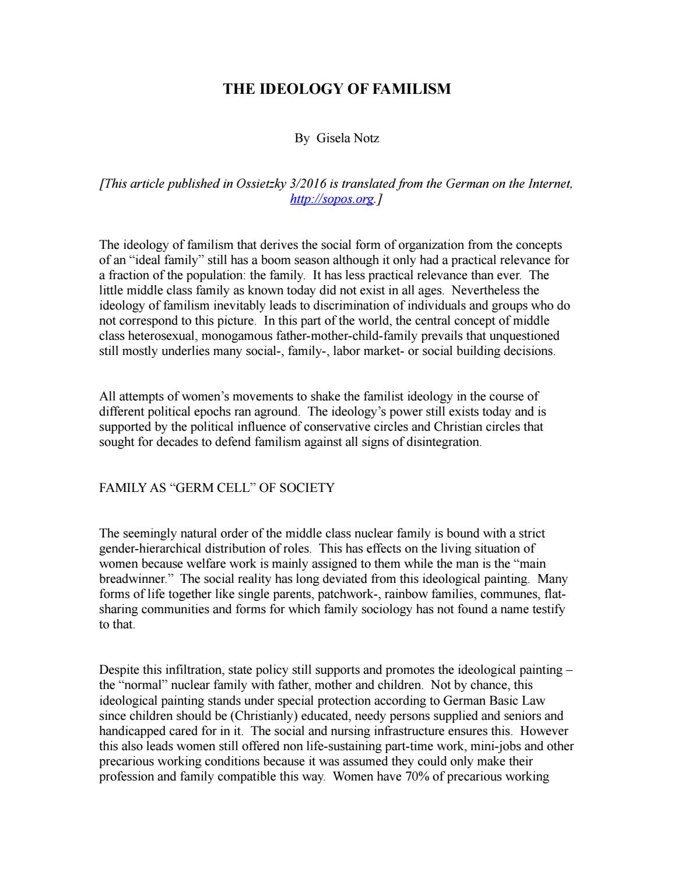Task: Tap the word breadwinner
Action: point(134,579)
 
